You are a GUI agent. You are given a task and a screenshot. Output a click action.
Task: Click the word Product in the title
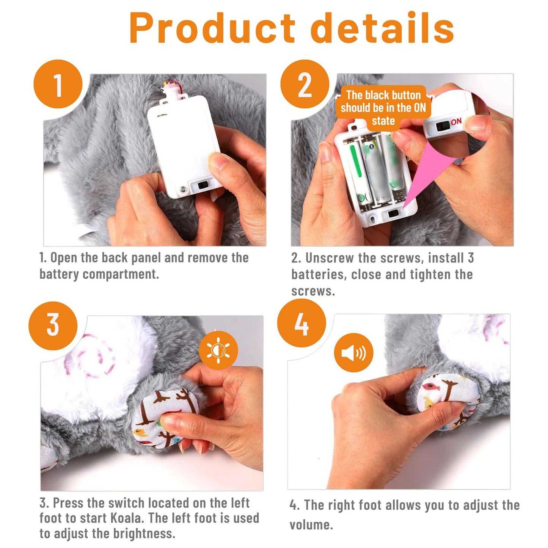pos(212,28)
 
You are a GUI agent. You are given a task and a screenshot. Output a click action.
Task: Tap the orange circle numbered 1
pos(58,84)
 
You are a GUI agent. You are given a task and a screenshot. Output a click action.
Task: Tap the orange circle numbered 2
pos(305,84)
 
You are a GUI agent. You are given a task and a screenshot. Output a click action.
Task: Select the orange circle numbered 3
pos(53,326)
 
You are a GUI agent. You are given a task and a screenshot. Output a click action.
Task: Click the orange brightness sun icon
pos(218,350)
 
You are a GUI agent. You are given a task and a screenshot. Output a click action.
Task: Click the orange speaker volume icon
pos(353,353)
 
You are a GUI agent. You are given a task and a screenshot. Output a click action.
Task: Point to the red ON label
pos(456,122)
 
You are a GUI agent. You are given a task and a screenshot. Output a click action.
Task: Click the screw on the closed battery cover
pos(182,188)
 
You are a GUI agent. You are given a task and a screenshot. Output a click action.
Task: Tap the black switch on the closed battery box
pos(202,185)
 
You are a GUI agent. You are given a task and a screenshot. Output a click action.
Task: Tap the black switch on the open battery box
pos(393,214)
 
